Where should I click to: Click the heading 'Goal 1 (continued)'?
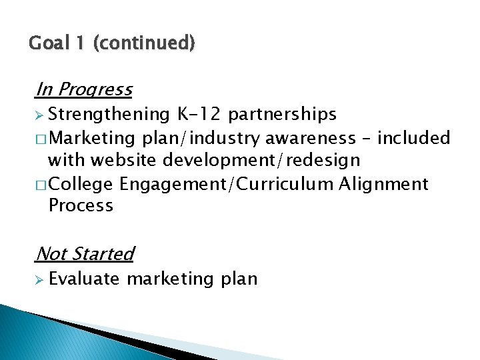pos(112,44)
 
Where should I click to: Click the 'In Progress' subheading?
pos(84,89)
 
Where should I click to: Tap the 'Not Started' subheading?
pos(85,254)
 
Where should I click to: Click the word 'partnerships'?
pos(282,115)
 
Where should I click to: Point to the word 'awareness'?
pos(310,139)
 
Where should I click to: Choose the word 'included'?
pos(414,139)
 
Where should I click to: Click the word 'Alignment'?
pos(383,183)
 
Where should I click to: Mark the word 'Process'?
pos(81,205)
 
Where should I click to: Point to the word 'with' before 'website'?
pos(64,161)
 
